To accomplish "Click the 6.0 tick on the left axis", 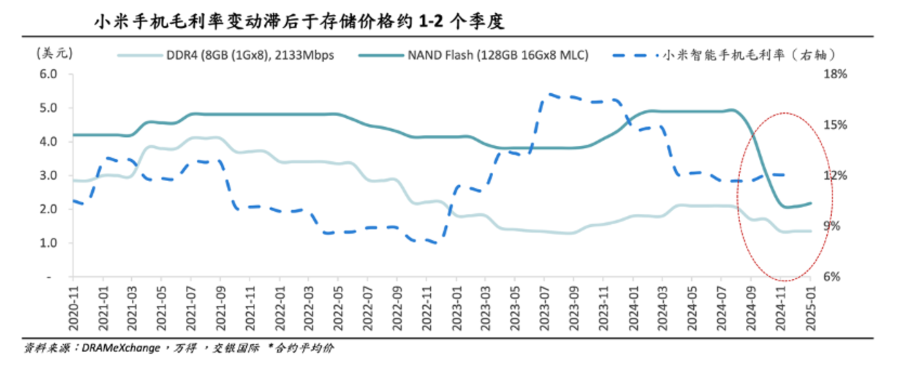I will [49, 74].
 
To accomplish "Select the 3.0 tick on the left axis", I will [49, 175].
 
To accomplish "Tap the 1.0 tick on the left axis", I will [49, 243].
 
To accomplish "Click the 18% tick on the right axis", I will [836, 74].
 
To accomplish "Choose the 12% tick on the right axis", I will [836, 175].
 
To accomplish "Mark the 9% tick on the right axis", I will [833, 226].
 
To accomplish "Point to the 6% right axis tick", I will [833, 277].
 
